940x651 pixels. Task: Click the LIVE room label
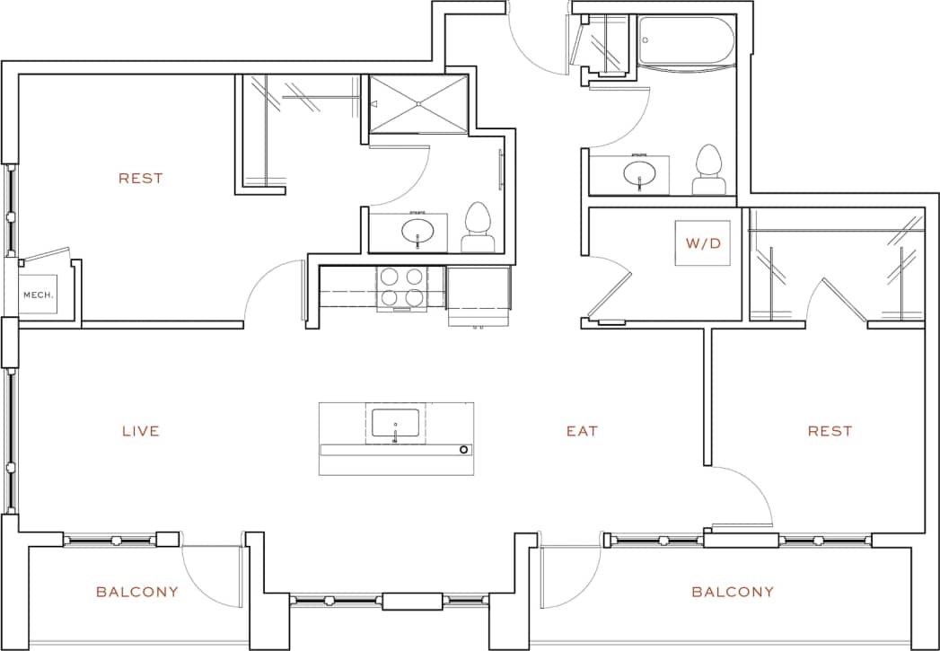(x=141, y=432)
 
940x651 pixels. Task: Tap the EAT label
(x=582, y=432)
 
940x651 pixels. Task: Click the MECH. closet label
(x=39, y=295)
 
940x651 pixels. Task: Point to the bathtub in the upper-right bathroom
(x=687, y=41)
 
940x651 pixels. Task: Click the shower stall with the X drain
(x=418, y=104)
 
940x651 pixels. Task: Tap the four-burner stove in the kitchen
(x=402, y=287)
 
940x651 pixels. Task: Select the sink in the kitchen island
(x=395, y=423)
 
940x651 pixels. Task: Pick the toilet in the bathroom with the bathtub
(x=709, y=169)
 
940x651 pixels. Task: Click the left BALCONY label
(x=137, y=592)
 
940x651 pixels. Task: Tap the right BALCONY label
(x=733, y=592)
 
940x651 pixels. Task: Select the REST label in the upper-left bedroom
(x=141, y=179)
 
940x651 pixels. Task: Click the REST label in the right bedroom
(x=830, y=432)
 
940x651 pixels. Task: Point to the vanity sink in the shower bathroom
(x=417, y=232)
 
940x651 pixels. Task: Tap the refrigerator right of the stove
(x=479, y=292)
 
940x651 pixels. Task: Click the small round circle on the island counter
(x=464, y=449)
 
